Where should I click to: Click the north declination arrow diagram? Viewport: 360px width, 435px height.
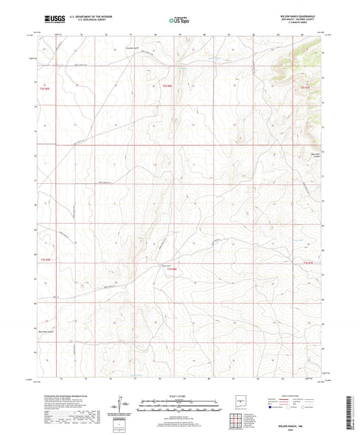(x=122, y=407)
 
